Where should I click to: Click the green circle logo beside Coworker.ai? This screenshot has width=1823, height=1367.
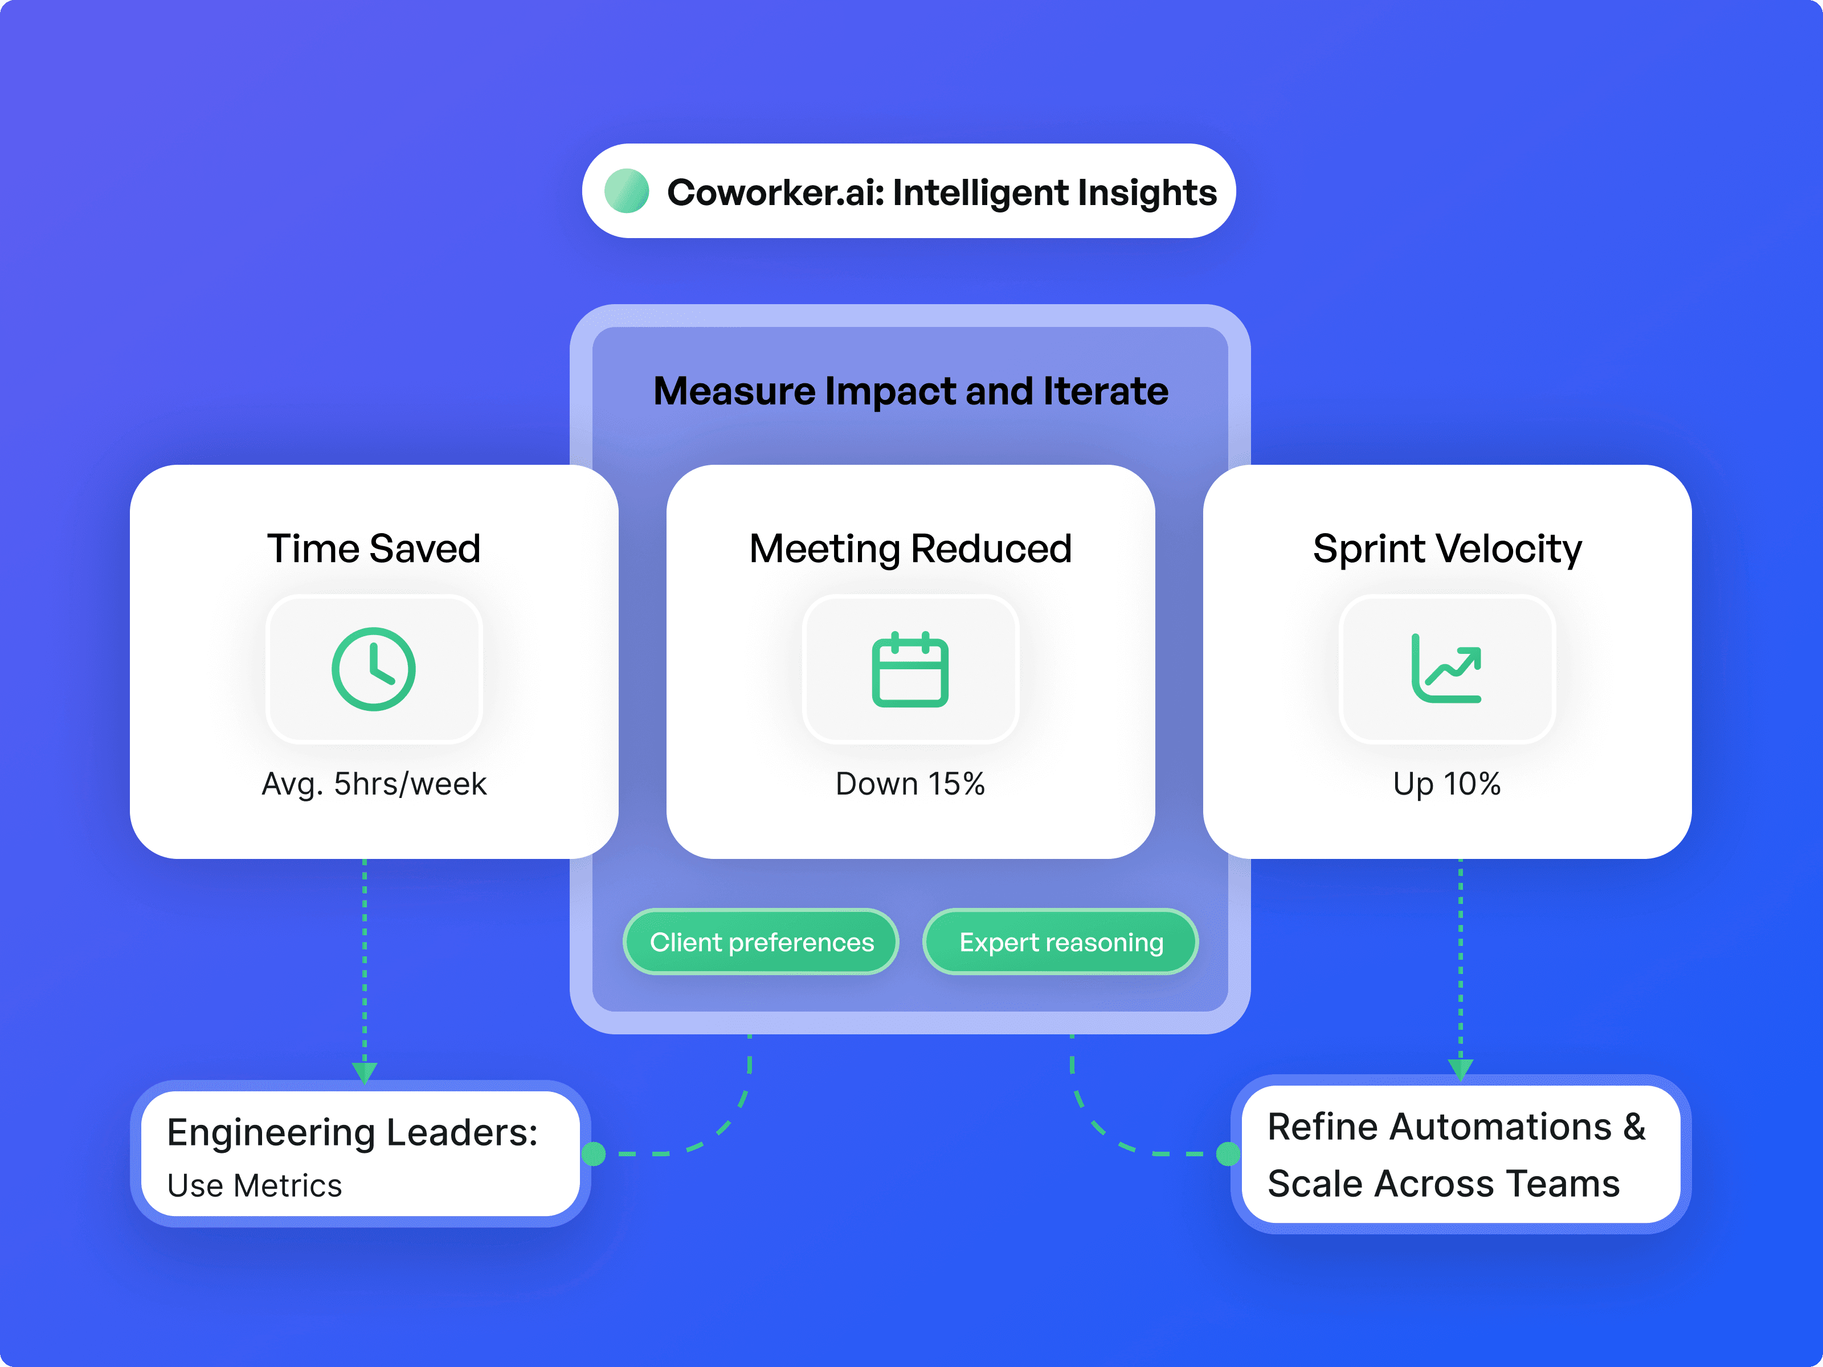click(x=626, y=191)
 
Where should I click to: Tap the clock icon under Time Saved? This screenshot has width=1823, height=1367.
click(x=373, y=669)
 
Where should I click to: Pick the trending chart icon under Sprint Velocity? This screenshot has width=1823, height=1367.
click(x=1446, y=669)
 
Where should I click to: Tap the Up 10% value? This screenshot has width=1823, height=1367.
click(x=1446, y=784)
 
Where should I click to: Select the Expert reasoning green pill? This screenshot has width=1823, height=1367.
click(x=1061, y=942)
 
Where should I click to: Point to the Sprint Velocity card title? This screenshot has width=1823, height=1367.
click(x=1446, y=549)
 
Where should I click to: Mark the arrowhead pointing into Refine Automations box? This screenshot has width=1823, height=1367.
click(x=1460, y=1069)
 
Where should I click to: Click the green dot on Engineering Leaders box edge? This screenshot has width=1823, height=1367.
click(x=594, y=1153)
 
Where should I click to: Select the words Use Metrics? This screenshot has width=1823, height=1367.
click(x=254, y=1186)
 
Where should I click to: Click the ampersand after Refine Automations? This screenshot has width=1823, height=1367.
click(x=1633, y=1127)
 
